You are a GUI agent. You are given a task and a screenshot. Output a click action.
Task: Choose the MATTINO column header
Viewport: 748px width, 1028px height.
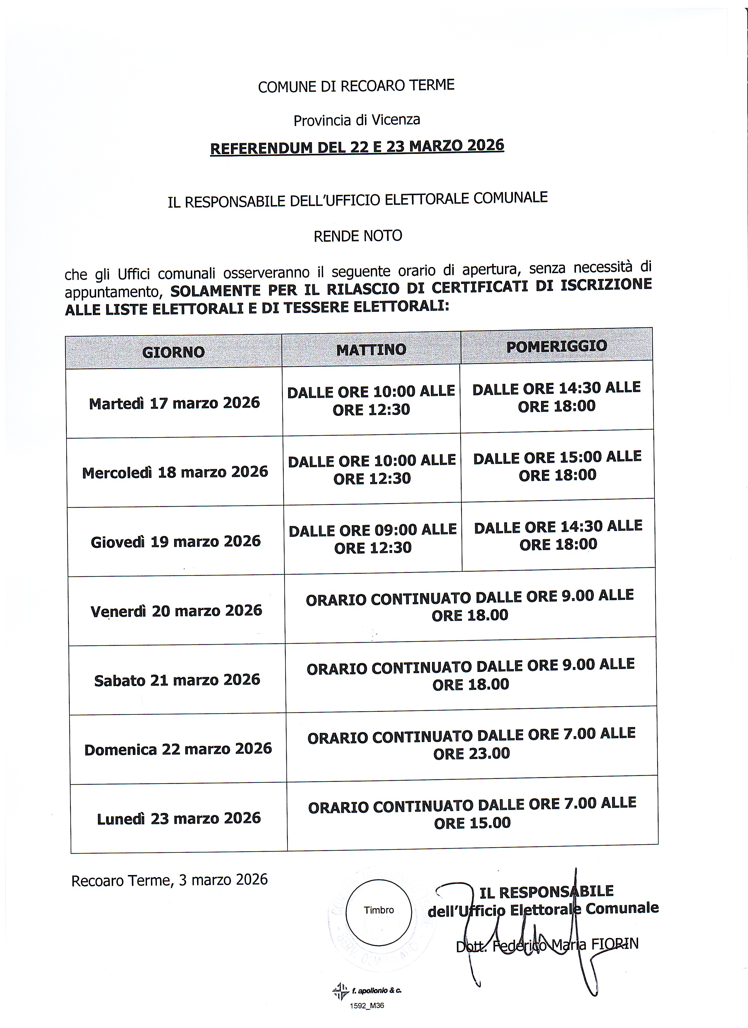click(x=371, y=350)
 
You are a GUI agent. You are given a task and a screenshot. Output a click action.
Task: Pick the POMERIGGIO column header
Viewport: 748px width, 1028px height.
click(x=556, y=347)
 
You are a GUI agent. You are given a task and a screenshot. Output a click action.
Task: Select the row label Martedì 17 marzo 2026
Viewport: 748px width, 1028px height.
click(x=174, y=403)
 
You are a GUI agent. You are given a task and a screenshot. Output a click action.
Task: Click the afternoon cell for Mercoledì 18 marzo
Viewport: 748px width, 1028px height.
click(x=557, y=466)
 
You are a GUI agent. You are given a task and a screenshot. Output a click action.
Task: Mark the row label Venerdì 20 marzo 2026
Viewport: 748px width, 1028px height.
click(x=176, y=610)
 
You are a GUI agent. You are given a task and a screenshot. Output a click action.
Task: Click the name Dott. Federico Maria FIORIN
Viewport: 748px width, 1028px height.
click(x=547, y=945)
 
